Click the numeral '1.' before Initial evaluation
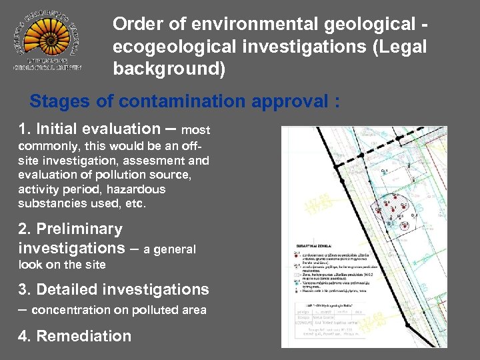point(25,129)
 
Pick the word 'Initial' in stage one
point(66,129)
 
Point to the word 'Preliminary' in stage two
point(79,229)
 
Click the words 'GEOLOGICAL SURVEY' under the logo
point(47,67)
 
